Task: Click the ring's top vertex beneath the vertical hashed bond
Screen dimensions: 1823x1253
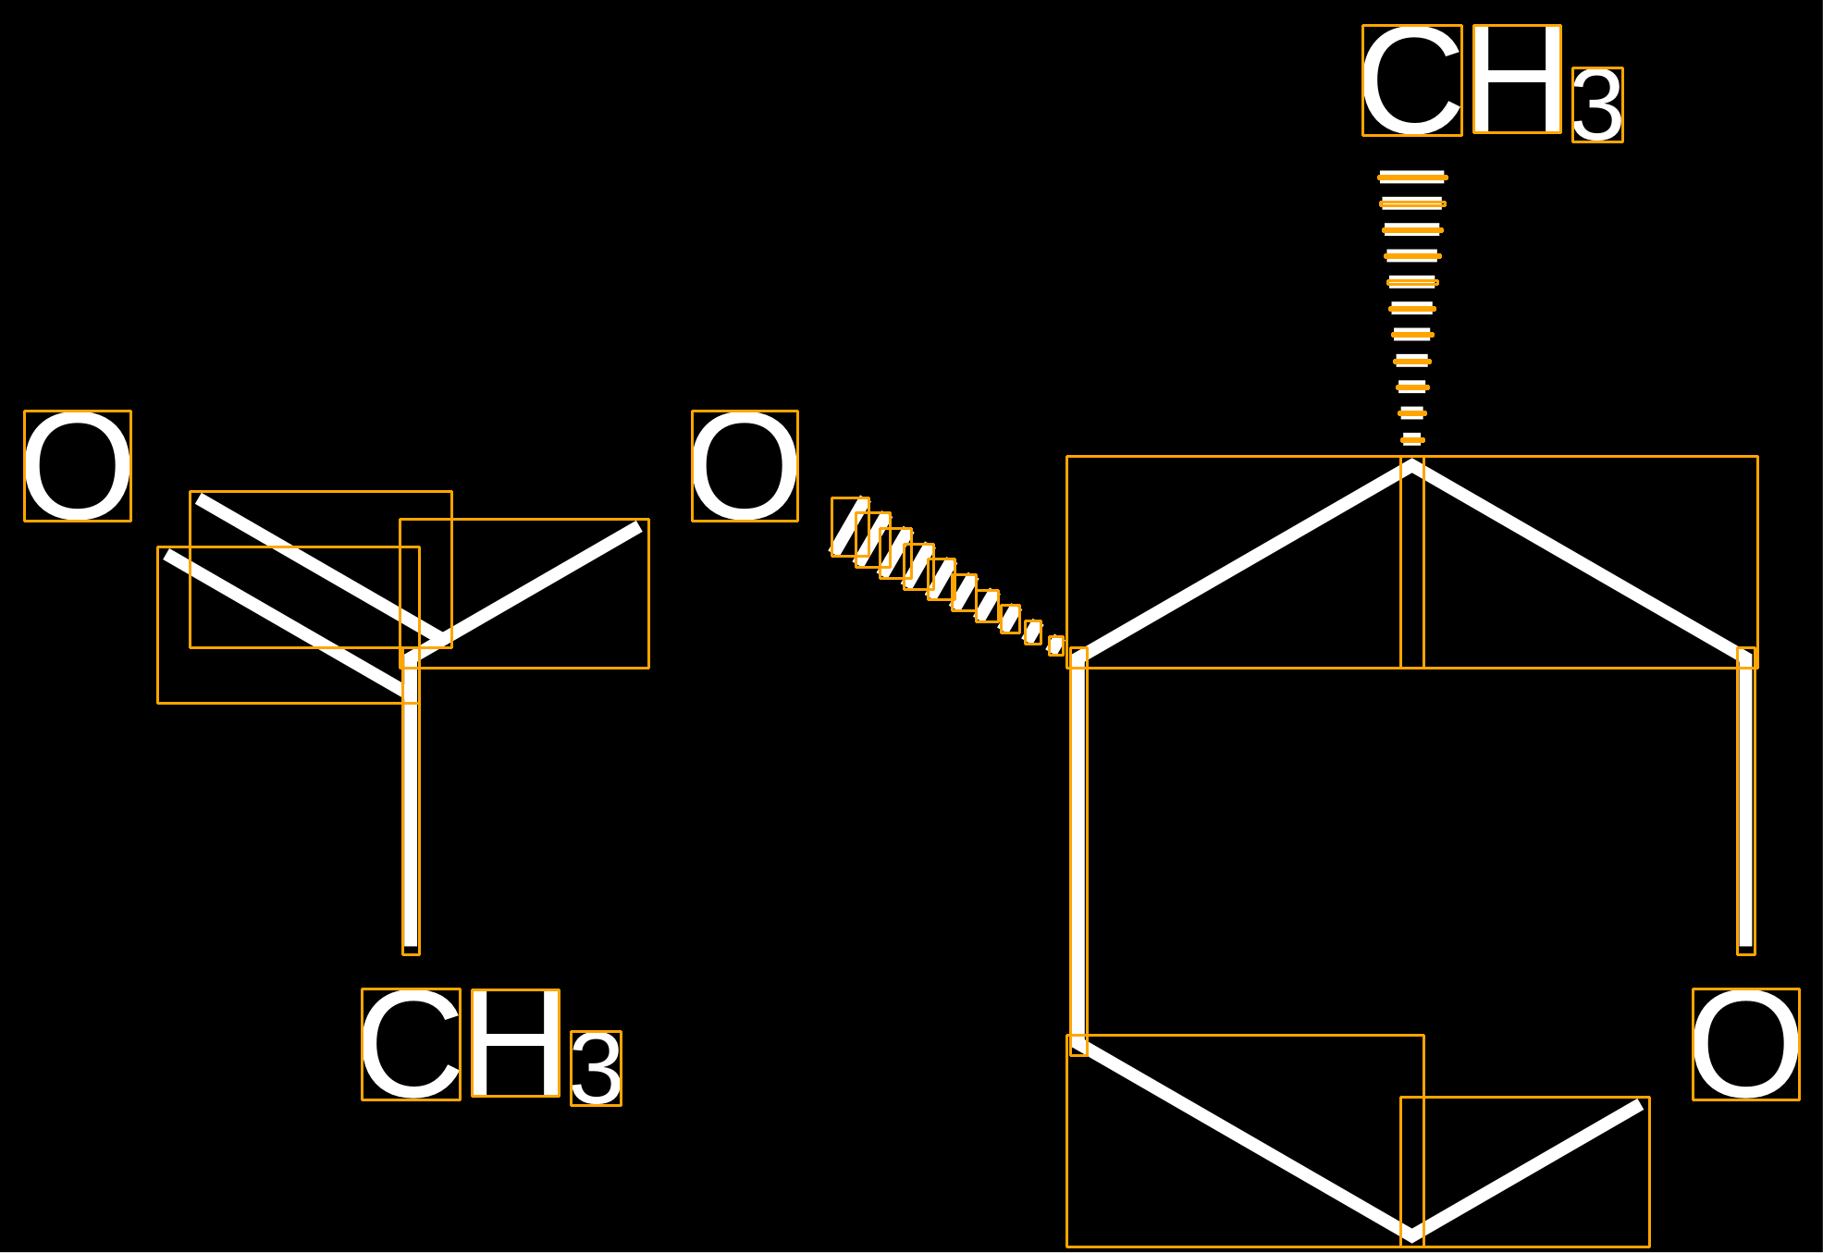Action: pos(1412,466)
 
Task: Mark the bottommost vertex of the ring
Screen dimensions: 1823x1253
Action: pos(1412,1234)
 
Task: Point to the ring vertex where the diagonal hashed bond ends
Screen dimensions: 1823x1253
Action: pos(1078,657)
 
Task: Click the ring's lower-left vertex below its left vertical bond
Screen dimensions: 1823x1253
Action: pos(1078,1045)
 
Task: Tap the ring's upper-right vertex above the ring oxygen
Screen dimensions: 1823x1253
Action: pos(1746,657)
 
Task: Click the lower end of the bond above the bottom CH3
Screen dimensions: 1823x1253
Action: pos(411,947)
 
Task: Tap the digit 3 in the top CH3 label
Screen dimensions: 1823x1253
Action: pos(1597,105)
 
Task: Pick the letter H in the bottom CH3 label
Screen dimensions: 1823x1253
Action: pos(515,1043)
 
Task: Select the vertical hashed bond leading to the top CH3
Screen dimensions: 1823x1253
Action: pos(1412,309)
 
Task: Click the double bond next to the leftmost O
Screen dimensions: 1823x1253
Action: pos(305,597)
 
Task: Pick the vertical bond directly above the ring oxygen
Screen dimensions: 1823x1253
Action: pos(1746,801)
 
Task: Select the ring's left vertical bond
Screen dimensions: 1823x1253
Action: pos(1078,851)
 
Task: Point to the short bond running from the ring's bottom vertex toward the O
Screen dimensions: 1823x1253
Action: pos(1526,1170)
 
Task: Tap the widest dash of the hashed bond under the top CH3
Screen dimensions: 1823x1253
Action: pos(1412,177)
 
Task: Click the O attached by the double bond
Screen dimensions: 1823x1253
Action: pos(78,466)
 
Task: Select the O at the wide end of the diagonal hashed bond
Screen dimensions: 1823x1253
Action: pos(745,466)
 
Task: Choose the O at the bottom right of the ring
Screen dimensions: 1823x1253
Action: pos(1746,1044)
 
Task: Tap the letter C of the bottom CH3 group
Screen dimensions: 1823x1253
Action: pos(411,1044)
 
